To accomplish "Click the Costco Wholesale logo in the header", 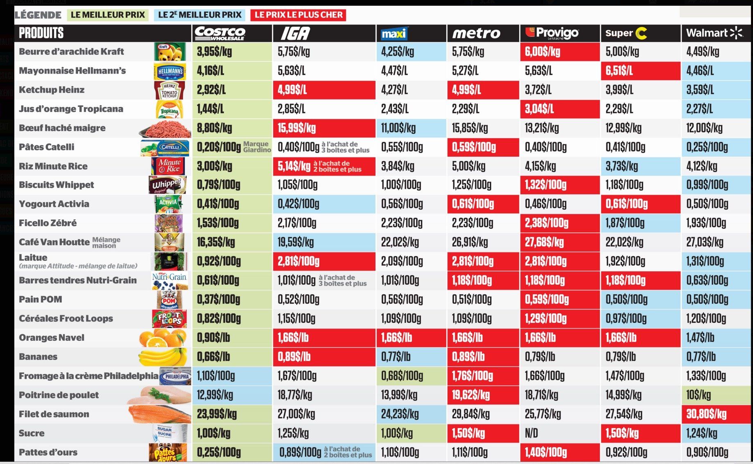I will tap(220, 33).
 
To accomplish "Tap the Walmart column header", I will tap(714, 33).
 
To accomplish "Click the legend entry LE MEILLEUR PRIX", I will tap(108, 15).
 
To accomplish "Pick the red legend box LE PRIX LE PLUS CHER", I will tap(298, 15).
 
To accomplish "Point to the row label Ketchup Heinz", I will tap(52, 90).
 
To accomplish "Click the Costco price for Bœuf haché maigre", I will tap(215, 128).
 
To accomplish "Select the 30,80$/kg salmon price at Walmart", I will tap(706, 414).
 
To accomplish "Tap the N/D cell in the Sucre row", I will tap(531, 433).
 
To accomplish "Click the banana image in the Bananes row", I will tap(163, 357).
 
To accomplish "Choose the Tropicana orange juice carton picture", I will tap(170, 109).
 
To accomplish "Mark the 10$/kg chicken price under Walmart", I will tap(699, 395).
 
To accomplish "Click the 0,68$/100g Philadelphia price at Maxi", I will tap(402, 376).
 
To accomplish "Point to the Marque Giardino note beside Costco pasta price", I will tap(257, 147).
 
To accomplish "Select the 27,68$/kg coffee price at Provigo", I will tap(544, 242).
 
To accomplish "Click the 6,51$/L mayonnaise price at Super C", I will tap(619, 71).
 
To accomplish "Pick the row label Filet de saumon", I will tap(54, 414).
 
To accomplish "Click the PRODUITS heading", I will tap(41, 33).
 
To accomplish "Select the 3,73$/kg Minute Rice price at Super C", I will tap(622, 166).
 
